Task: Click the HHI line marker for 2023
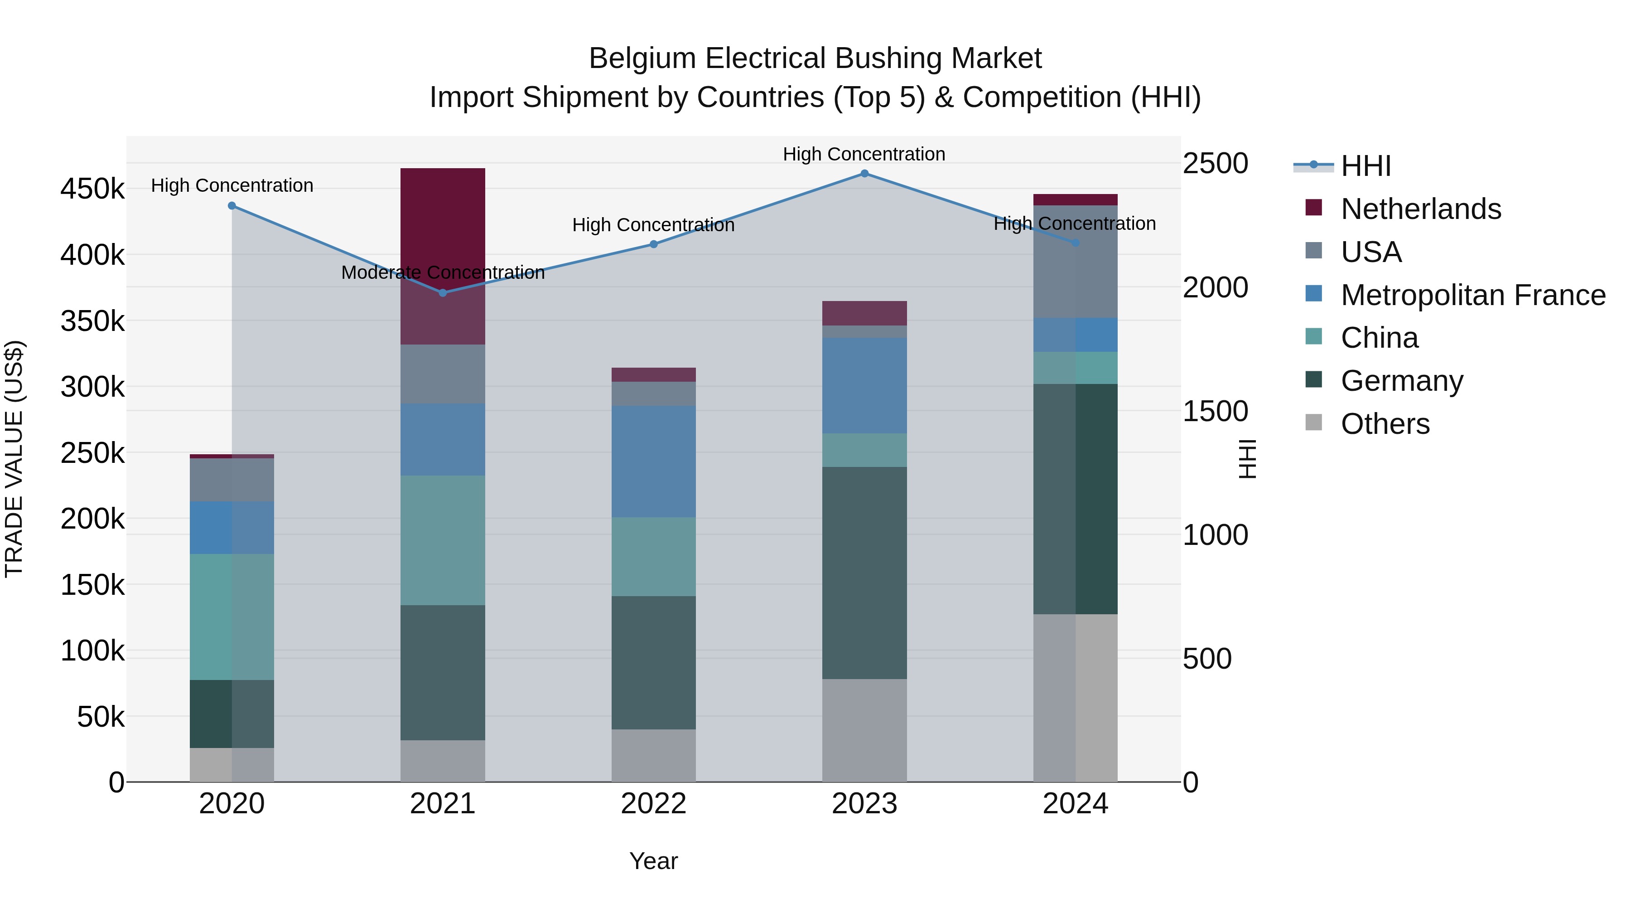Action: pos(864,174)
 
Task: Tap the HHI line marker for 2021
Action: pos(443,293)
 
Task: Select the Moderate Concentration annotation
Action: pos(443,272)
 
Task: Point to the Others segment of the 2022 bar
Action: pos(653,755)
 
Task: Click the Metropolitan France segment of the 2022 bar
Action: pos(653,461)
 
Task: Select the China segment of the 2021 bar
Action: pos(443,540)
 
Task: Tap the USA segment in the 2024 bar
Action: pos(1075,262)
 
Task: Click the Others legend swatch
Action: pos(1314,423)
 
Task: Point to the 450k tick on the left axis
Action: pos(92,189)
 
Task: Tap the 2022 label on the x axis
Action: pos(653,804)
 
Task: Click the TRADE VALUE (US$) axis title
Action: pos(14,459)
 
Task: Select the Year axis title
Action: pos(653,861)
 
